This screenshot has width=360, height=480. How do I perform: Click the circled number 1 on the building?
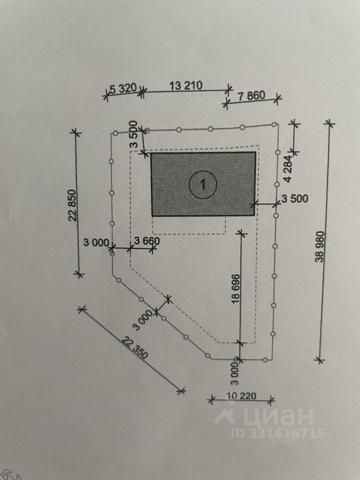point(203,184)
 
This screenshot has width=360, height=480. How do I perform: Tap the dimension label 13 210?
point(186,85)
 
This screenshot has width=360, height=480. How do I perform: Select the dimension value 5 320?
point(123,88)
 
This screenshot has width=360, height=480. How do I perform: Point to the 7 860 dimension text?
point(251,96)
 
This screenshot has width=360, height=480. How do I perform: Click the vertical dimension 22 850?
point(72,205)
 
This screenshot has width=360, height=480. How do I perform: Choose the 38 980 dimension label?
point(319,246)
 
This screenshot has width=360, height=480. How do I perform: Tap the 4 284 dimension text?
point(288,173)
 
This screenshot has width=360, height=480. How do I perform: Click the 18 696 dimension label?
point(236,288)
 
